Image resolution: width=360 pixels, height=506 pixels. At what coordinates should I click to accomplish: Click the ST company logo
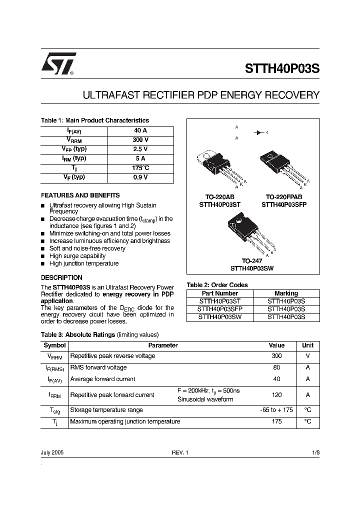[58, 64]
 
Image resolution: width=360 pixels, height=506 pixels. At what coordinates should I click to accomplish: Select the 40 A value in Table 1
[140, 130]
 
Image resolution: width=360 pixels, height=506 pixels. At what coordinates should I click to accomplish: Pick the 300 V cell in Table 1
[140, 140]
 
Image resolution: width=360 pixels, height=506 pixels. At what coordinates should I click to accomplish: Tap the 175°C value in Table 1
[140, 168]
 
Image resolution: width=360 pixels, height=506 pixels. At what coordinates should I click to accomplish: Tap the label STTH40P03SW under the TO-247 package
[252, 268]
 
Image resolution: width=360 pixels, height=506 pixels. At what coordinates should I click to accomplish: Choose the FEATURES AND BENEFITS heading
[80, 195]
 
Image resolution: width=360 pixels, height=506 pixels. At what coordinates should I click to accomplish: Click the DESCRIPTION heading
[61, 277]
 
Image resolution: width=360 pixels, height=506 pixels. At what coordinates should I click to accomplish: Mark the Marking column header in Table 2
[286, 293]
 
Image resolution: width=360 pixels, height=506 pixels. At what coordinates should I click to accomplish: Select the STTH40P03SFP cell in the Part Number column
[220, 309]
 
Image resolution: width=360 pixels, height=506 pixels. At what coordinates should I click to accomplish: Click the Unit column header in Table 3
[307, 345]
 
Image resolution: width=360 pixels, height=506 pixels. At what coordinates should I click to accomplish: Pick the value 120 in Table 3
[276, 394]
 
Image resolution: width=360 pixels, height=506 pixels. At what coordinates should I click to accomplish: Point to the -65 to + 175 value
[276, 410]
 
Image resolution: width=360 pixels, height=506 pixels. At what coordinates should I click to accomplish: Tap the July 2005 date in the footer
[52, 452]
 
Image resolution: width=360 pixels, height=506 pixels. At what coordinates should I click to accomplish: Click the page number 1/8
[315, 452]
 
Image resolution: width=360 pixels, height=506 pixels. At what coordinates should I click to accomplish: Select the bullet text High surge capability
[77, 256]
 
